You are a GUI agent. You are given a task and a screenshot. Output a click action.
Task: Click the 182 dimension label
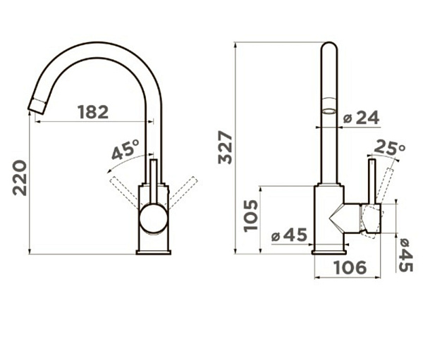[93, 112]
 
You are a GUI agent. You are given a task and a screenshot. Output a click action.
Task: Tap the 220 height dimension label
[20, 178]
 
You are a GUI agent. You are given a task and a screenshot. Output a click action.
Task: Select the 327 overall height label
[226, 147]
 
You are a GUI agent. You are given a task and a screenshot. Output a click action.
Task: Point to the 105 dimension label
[250, 216]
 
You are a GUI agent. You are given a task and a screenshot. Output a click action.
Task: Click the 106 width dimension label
[350, 268]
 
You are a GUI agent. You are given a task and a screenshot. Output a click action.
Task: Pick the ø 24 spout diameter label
[361, 118]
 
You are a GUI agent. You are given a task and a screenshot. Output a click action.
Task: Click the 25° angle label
[390, 147]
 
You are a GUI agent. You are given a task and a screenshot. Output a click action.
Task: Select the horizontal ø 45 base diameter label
[289, 235]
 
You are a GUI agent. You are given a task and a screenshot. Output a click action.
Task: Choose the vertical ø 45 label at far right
[405, 255]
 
